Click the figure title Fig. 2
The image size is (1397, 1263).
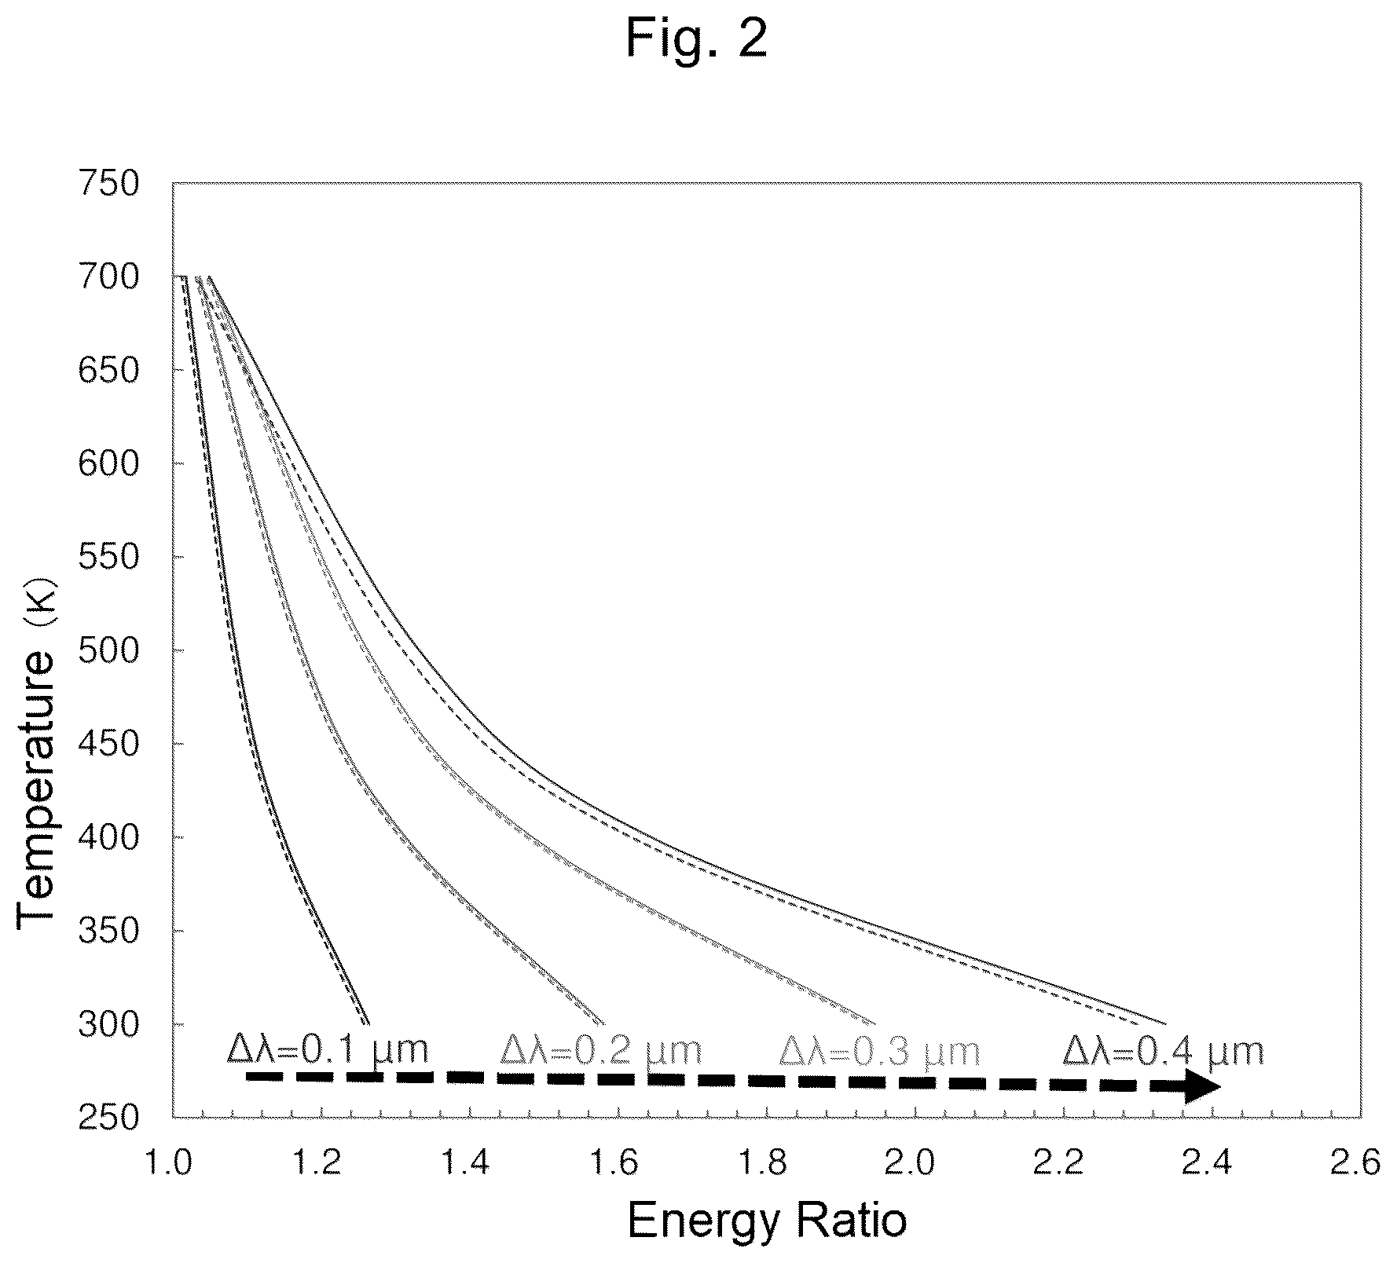[696, 39]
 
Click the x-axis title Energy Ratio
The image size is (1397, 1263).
[767, 1221]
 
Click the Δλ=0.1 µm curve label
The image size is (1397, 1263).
[328, 1049]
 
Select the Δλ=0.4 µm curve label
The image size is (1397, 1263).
[1164, 1050]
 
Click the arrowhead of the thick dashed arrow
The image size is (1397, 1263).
[1202, 1087]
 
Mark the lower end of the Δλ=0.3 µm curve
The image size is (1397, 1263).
[874, 1024]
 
